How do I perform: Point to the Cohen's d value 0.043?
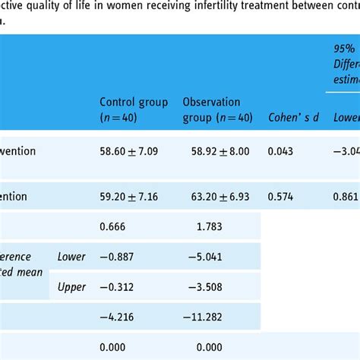point(281,152)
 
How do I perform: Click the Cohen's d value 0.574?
point(281,197)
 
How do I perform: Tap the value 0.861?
point(346,197)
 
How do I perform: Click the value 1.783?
point(209,226)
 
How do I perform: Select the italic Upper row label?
point(71,286)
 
